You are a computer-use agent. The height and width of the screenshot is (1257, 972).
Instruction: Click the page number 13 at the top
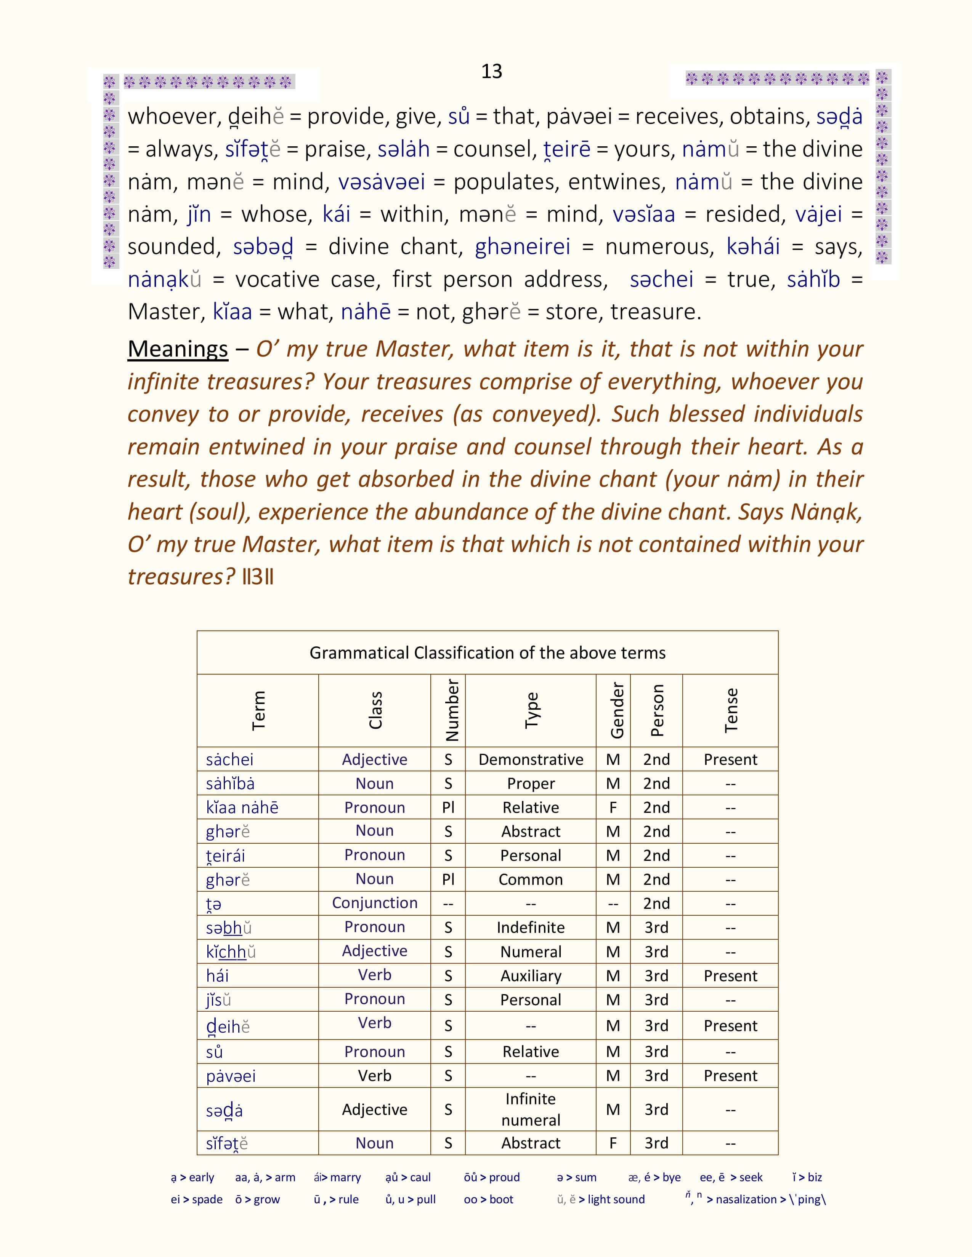pyautogui.click(x=491, y=71)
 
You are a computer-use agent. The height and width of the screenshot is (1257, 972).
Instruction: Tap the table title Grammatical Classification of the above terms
pyautogui.click(x=487, y=652)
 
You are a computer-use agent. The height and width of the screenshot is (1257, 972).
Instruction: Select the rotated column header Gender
pyautogui.click(x=617, y=710)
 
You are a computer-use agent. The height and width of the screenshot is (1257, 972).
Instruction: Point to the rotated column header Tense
pyautogui.click(x=731, y=710)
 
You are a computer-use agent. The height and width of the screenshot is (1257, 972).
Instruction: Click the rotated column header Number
pyautogui.click(x=452, y=710)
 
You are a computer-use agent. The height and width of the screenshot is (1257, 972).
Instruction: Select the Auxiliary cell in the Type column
pyautogui.click(x=530, y=976)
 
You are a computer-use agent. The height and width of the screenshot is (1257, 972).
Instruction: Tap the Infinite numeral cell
pyautogui.click(x=530, y=1109)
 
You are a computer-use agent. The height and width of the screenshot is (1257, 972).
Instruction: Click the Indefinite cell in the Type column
pyautogui.click(x=530, y=927)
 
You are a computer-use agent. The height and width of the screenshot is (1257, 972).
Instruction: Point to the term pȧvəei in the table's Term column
pyautogui.click(x=230, y=1076)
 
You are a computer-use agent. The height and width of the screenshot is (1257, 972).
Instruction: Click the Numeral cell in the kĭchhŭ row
pyautogui.click(x=530, y=952)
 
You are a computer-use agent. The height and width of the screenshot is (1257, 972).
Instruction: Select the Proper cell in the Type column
pyautogui.click(x=530, y=783)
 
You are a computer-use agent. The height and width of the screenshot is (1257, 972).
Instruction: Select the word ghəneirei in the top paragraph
pyautogui.click(x=522, y=246)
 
